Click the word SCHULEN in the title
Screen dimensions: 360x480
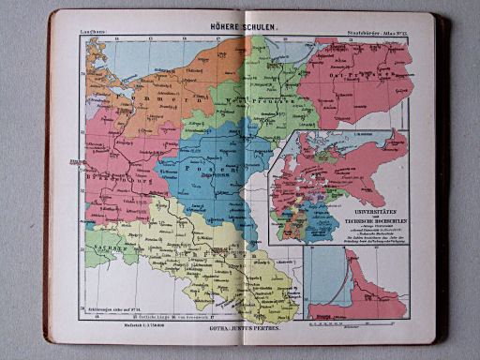click(x=257, y=26)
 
